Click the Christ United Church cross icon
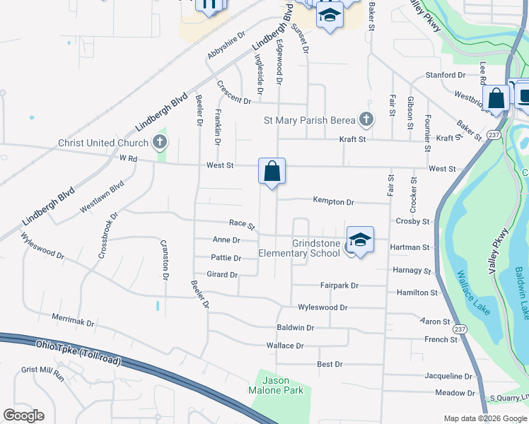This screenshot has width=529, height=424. coord(160,143)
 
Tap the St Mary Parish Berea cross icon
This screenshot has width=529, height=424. coord(366,120)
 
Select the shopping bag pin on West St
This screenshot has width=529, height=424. coord(272,171)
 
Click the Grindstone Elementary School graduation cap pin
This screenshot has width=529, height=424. coord(360,240)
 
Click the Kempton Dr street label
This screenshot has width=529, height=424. coord(333,201)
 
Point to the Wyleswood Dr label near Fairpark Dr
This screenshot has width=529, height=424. coord(322,307)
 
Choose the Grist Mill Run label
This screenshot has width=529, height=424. coord(42,373)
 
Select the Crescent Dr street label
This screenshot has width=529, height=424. coord(234,93)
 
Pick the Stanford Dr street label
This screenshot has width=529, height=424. coord(445,75)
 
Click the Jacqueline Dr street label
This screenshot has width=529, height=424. coord(448,376)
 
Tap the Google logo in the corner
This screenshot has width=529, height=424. coord(24,416)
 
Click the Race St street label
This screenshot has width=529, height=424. coord(241,225)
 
